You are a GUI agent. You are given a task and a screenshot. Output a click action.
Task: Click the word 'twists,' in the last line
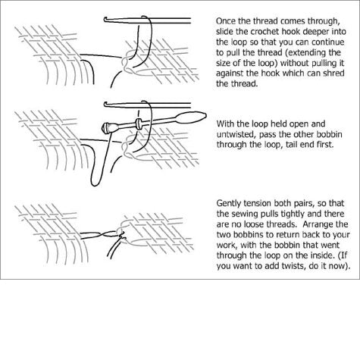click(x=290, y=266)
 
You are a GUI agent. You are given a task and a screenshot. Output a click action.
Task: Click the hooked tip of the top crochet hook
click(x=105, y=19)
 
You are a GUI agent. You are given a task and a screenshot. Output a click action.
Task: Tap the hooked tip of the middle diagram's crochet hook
click(x=105, y=104)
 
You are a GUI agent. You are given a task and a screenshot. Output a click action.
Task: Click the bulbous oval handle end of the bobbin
click(x=191, y=117)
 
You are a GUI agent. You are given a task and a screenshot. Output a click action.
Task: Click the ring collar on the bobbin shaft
click(x=139, y=123)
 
